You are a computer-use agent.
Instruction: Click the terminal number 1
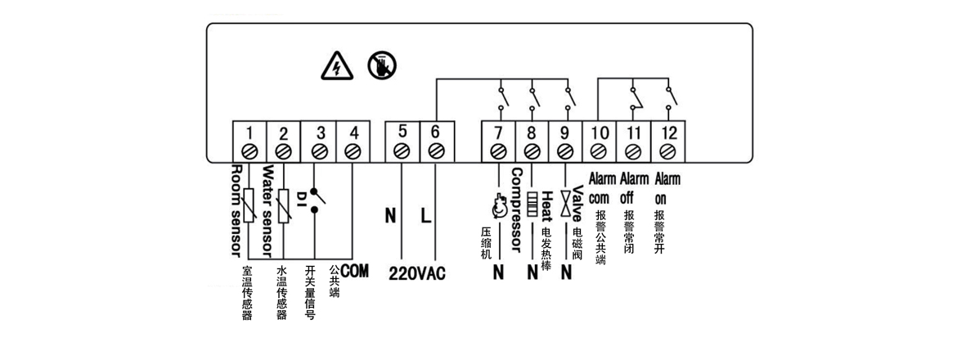point(249,133)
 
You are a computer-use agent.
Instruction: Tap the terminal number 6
point(434,133)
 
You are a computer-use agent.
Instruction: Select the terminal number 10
point(598,133)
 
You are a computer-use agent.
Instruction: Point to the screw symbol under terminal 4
point(353,151)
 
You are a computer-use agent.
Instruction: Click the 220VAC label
point(416,273)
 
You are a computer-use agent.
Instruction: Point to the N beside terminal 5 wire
point(390,216)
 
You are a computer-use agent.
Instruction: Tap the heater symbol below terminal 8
point(532,204)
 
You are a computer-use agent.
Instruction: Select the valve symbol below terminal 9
point(564,205)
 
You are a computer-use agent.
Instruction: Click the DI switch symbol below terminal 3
point(319,196)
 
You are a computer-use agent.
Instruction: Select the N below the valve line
point(565,273)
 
